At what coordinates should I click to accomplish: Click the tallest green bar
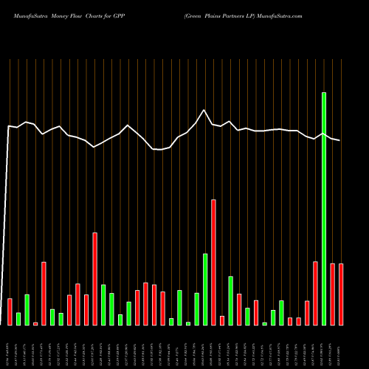point(323,209)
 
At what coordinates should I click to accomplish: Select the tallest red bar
point(213,262)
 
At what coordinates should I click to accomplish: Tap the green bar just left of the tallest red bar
point(205,289)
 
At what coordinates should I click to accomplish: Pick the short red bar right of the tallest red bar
point(222,320)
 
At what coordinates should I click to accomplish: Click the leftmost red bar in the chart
point(10,311)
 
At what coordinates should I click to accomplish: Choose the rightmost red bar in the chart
point(341,294)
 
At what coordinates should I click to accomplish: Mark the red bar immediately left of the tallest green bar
point(315,293)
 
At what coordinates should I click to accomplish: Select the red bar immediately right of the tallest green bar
point(332,294)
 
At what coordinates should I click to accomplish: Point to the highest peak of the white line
point(204,110)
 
